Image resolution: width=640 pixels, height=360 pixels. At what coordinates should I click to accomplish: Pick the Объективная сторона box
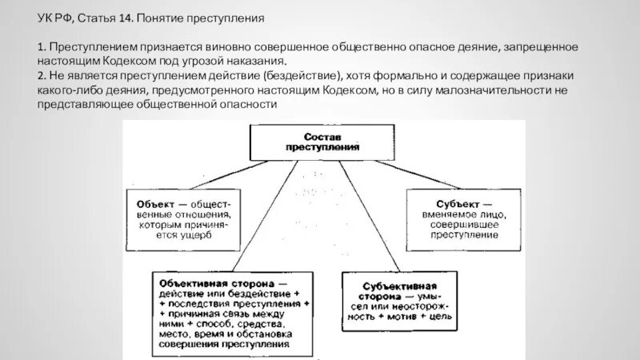(x=232, y=313)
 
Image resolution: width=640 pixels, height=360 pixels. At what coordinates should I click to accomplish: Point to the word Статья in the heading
(x=97, y=17)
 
